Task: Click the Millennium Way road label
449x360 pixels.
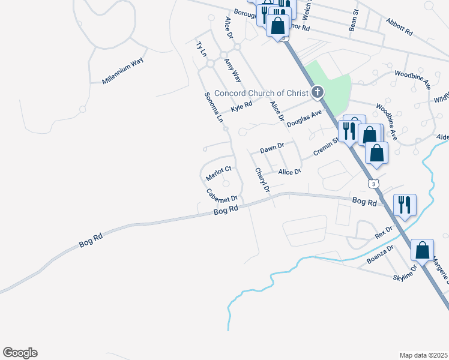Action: click(123, 71)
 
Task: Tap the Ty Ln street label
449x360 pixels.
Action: click(201, 49)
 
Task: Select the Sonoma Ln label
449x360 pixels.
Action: click(213, 107)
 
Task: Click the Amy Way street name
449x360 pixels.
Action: click(232, 70)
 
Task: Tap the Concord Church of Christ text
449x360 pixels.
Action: click(261, 93)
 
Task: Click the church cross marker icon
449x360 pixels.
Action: click(317, 92)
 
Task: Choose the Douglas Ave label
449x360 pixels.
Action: click(304, 117)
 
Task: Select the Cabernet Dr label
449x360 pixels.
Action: click(222, 195)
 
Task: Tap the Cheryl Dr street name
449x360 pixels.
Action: click(262, 181)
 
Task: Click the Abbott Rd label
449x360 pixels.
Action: click(400, 26)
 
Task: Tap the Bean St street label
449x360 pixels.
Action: click(354, 20)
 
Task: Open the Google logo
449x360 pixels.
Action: click(20, 353)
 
